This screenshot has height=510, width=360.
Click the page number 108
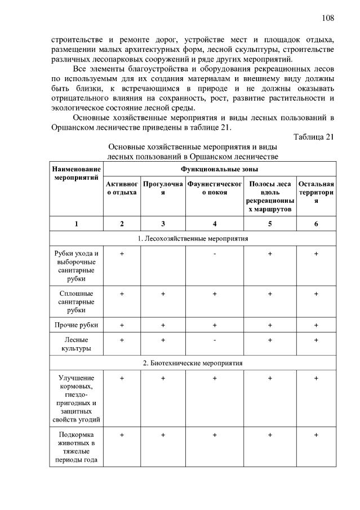(328, 18)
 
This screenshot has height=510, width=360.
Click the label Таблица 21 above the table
(314, 136)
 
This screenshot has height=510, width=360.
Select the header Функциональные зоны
(220, 168)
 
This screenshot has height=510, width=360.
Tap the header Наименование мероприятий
(77, 173)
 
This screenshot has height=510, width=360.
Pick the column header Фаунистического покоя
(215, 188)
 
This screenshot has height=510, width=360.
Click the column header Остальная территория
(316, 192)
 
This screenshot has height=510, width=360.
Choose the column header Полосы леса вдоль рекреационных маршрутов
(270, 197)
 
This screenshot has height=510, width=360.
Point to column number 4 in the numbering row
(215, 224)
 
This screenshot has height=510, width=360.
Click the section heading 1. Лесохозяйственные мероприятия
(193, 238)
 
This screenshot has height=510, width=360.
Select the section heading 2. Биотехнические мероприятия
(193, 362)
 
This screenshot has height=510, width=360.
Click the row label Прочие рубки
(77, 325)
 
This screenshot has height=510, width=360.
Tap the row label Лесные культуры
(77, 344)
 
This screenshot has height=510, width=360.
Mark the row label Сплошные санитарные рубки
(77, 301)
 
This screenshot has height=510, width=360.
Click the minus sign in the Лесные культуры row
(215, 340)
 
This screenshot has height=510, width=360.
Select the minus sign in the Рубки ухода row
(215, 254)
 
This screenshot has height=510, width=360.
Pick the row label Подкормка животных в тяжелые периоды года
(77, 447)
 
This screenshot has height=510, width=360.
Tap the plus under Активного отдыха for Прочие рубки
(122, 325)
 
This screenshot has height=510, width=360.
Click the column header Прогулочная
(163, 188)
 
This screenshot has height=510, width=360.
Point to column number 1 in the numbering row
(77, 224)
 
